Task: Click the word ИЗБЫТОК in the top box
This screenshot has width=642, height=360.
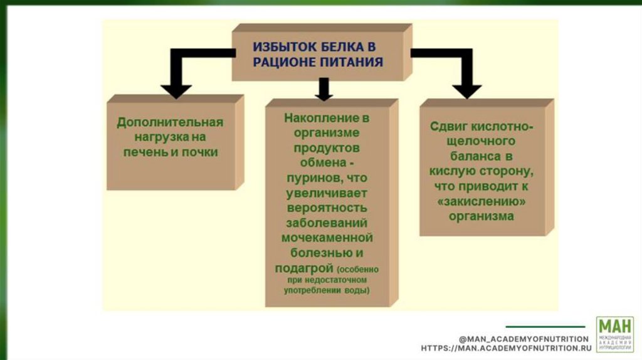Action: tap(279, 46)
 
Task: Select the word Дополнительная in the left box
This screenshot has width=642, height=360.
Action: tap(170, 122)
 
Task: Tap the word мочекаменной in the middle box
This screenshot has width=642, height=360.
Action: tap(327, 238)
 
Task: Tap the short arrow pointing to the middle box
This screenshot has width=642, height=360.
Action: tap(324, 90)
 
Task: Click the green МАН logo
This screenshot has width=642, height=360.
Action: tap(614, 334)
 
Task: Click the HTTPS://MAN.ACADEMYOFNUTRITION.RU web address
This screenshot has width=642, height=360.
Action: tap(506, 347)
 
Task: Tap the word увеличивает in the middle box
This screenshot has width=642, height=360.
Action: tap(327, 193)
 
